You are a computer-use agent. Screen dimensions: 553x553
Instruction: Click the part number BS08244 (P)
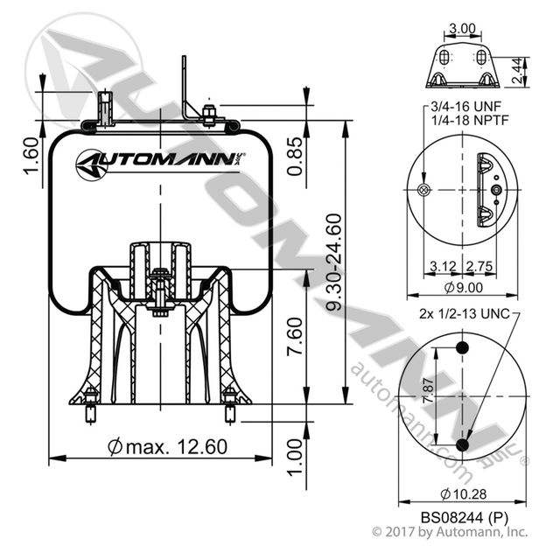pos(460,516)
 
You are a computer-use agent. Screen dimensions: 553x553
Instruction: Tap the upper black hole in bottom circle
pos(462,351)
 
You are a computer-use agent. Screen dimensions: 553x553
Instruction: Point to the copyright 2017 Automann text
pos(450,531)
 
